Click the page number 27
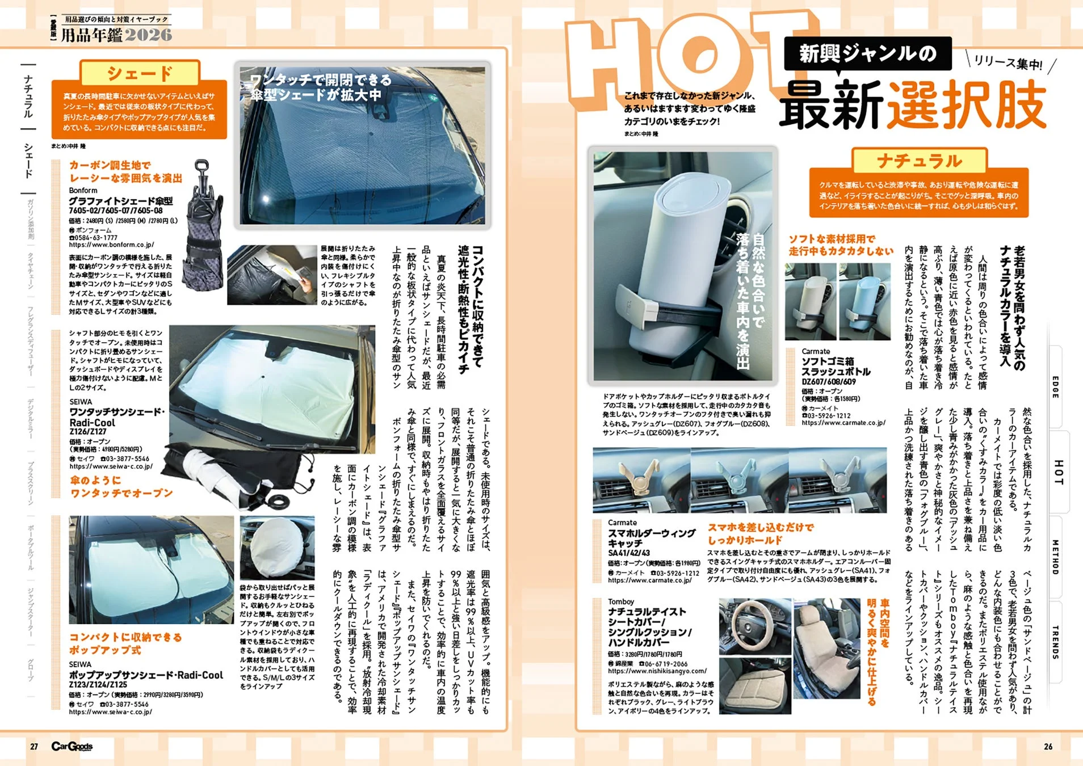34,747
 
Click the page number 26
1048,747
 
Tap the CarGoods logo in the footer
72,747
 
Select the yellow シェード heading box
140,73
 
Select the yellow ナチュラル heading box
919,161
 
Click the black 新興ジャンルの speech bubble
867,54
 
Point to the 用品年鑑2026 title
116,35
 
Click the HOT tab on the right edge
1058,472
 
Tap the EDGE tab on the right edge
1055,387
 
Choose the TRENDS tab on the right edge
1055,642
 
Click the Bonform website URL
111,245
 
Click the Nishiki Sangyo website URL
657,671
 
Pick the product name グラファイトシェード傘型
120,201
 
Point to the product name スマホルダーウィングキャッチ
651,538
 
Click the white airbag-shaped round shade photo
277,546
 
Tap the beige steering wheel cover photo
754,625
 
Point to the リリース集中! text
1008,63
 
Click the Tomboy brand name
621,601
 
